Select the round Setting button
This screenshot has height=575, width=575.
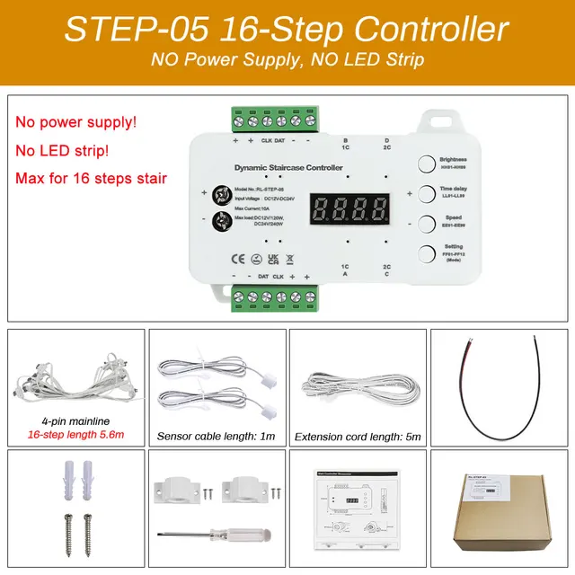point(425,253)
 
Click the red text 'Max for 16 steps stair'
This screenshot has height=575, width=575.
point(91,177)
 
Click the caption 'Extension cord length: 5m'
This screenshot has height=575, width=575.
point(357,437)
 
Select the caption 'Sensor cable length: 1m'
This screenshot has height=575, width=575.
point(215,437)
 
